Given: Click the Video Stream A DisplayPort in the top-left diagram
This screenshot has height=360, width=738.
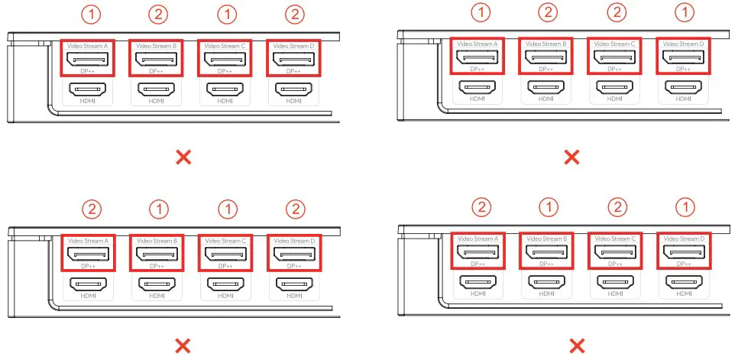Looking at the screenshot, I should pos(88,59).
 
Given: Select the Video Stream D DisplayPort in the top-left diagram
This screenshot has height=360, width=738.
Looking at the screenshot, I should pos(294,59).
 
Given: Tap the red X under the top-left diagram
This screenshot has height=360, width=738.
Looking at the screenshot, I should pos(183,157).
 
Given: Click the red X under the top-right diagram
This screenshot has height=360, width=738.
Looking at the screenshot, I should pos(571,157).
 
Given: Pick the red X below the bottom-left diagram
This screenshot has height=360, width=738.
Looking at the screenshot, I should pos(183,346).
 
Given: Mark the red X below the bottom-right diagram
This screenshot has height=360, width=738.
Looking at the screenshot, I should pos(571,346).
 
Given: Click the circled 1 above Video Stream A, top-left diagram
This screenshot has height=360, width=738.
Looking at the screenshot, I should pos(88,15).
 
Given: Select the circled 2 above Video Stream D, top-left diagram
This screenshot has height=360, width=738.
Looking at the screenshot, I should pos(294,15).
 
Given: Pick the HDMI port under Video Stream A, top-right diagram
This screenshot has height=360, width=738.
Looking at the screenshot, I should pos(477,87).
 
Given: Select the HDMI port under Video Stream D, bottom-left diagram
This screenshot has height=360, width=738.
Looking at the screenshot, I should pos(294,284).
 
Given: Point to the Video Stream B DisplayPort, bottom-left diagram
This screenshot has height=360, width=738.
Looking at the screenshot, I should pos(157,253).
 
